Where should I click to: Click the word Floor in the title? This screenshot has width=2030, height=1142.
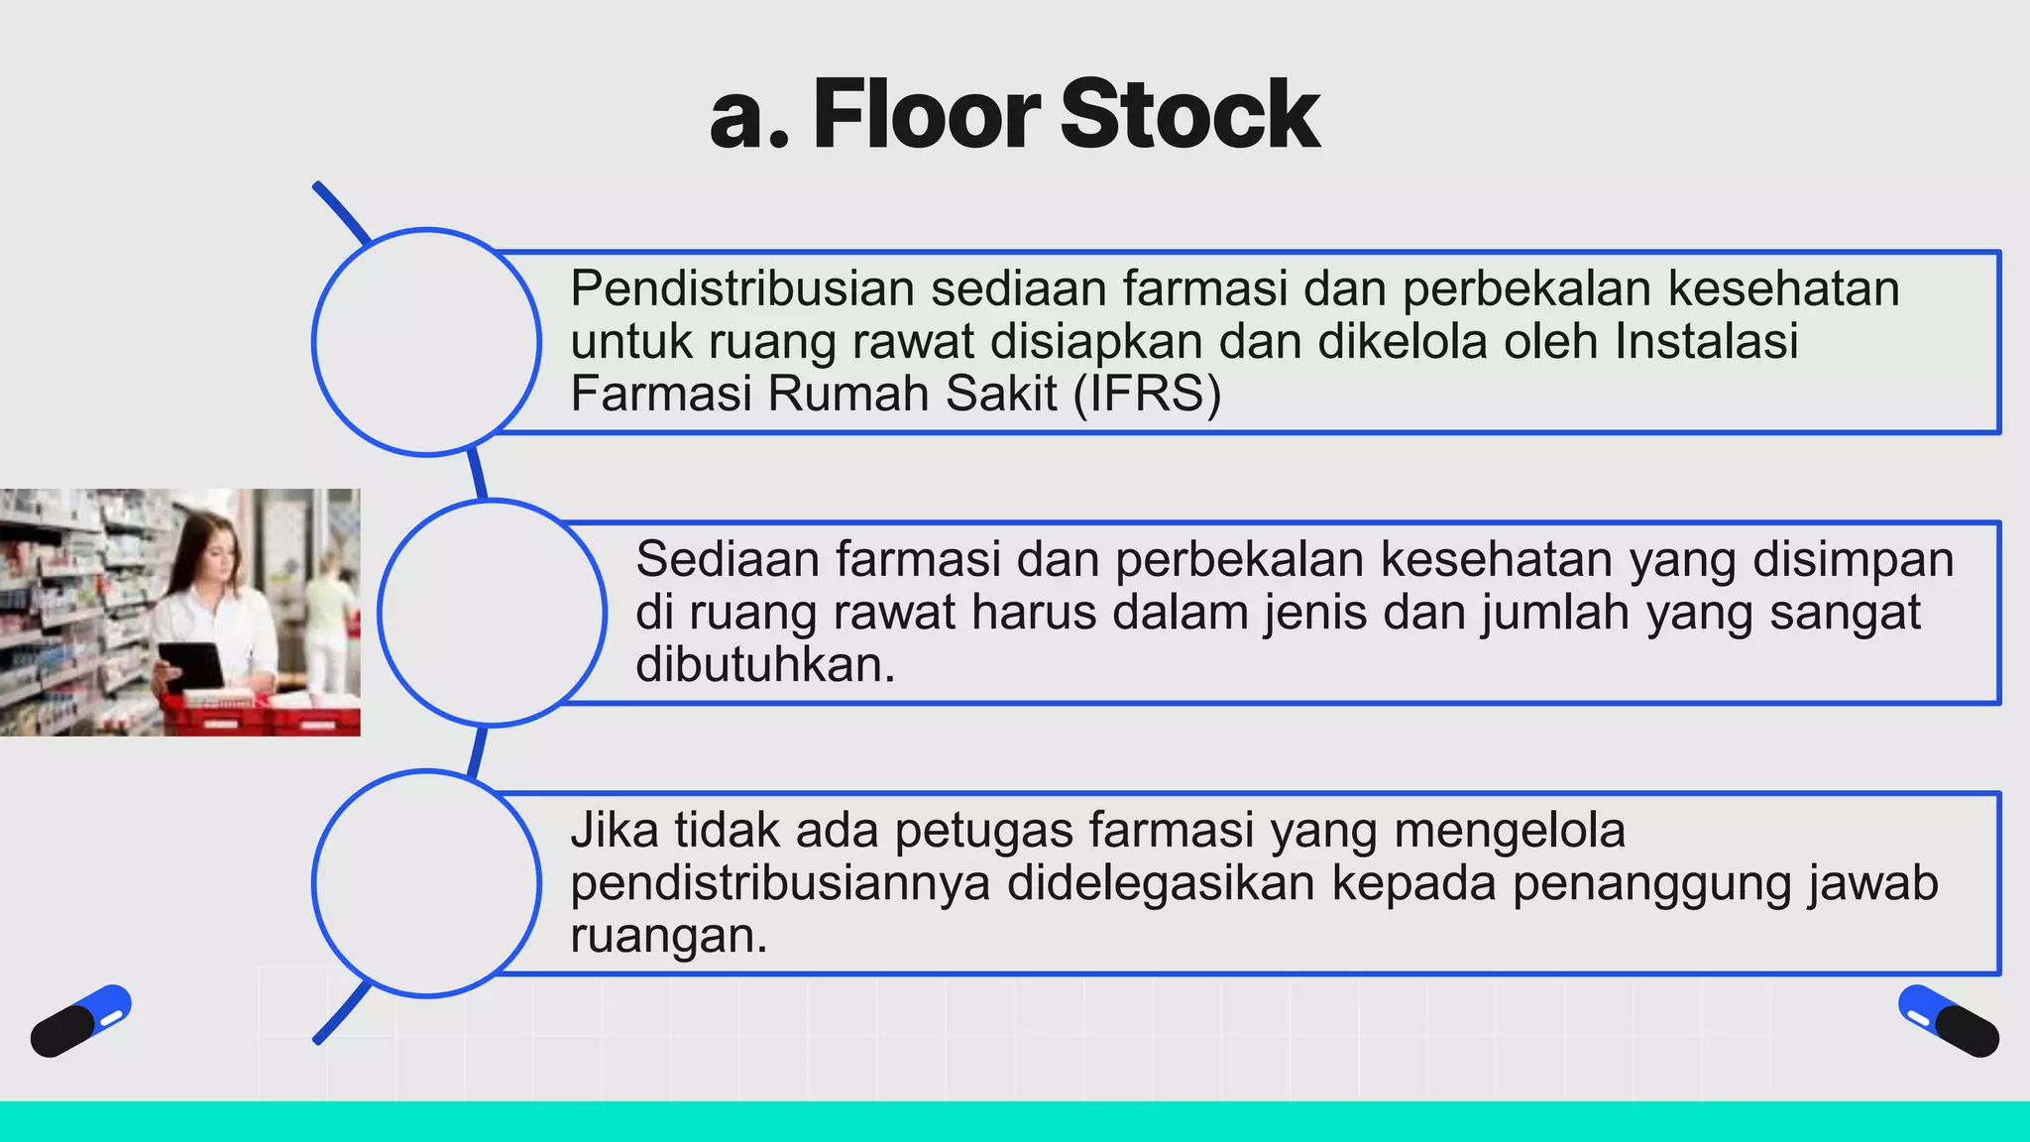(x=926, y=115)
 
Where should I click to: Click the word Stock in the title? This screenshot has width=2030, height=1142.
(x=1189, y=115)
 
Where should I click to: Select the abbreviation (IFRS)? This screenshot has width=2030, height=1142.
(x=1147, y=394)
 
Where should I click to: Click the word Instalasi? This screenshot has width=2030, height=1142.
(x=1706, y=341)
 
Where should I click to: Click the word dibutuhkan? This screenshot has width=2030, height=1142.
(x=764, y=664)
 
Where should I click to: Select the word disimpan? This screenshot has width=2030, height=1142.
(x=1853, y=559)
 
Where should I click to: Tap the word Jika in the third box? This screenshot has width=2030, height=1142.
(x=614, y=830)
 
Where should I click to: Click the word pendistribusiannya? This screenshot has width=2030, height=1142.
(x=780, y=882)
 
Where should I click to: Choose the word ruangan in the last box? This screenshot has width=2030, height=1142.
(x=668, y=935)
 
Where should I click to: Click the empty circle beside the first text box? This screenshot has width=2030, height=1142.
(x=426, y=342)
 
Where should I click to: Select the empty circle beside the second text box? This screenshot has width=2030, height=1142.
(x=492, y=613)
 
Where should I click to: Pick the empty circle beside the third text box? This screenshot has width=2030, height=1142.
(x=426, y=883)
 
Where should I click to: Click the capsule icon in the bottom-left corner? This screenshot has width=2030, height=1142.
(x=80, y=1021)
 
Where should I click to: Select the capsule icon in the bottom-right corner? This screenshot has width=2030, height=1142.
(x=1949, y=1021)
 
